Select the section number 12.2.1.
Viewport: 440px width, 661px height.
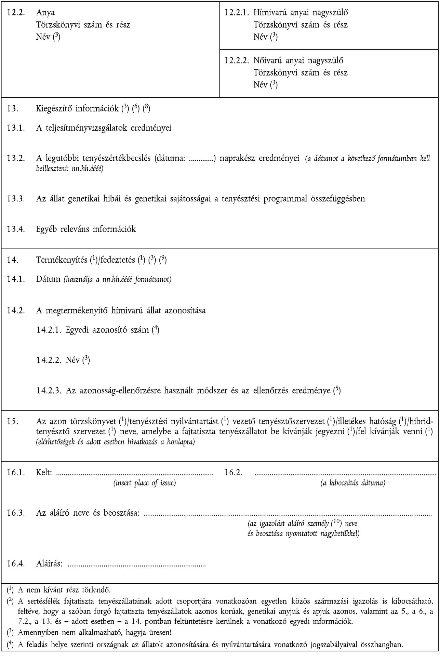(x=237, y=13)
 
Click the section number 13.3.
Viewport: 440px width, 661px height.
(x=15, y=199)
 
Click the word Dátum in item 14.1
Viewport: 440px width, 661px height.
(x=48, y=279)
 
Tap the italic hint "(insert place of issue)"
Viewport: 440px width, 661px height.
(x=145, y=483)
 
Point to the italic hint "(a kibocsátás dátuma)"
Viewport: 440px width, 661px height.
(x=353, y=483)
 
